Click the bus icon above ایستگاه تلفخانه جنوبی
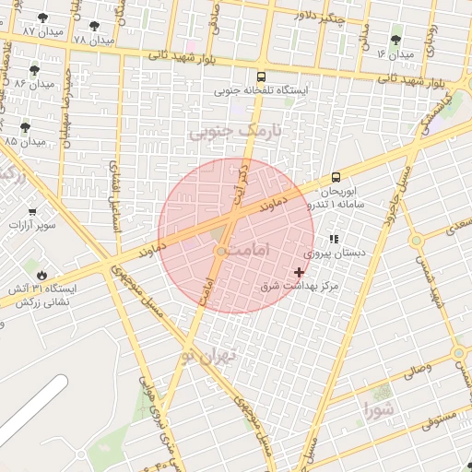(262, 77)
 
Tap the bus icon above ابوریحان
(335, 177)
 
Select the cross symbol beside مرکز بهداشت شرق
(299, 272)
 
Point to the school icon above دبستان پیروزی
(334, 239)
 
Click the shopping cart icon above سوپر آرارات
(33, 211)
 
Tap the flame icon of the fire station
(41, 275)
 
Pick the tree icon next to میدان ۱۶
(396, 41)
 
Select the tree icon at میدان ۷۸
(94, 27)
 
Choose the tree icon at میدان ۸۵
(25, 128)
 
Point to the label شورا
(379, 407)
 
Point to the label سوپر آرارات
(32, 225)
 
